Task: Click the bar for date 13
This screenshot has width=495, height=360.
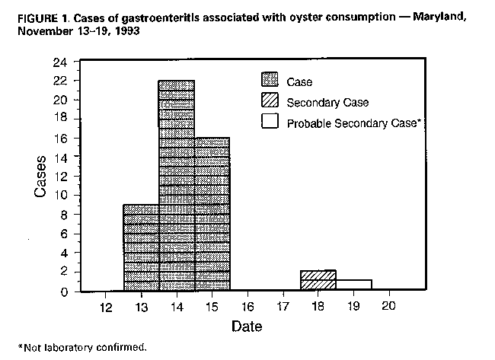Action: tap(141, 247)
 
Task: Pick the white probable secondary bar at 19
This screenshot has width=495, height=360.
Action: tap(353, 285)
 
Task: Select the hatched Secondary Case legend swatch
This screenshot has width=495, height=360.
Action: tap(270, 102)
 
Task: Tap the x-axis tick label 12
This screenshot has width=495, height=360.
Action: tap(107, 306)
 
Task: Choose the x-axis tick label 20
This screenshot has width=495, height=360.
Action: tap(388, 306)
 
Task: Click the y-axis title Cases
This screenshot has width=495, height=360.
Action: tap(42, 177)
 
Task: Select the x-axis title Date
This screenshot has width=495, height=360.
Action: tap(247, 327)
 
